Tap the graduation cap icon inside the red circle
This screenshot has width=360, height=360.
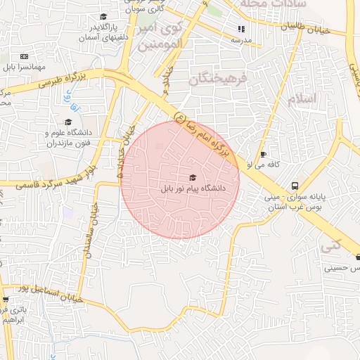click(193, 178)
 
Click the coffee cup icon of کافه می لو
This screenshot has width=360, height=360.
click(263, 154)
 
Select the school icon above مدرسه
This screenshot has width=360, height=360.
click(241, 30)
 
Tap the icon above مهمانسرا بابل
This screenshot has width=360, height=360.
click(24, 56)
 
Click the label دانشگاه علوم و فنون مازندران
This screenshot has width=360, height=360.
click(70, 138)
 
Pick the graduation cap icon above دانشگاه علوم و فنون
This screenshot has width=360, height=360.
click(68, 122)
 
